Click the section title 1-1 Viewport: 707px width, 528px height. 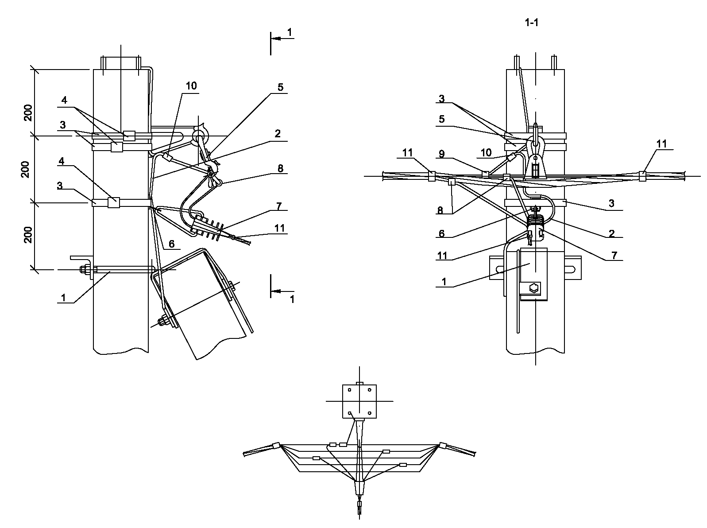(531, 23)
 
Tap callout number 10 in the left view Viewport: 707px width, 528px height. (191, 86)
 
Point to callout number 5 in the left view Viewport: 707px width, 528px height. (280, 87)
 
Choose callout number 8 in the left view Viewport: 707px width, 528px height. (280, 168)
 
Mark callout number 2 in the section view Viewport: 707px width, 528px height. (611, 233)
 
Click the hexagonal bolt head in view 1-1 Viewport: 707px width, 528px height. (533, 288)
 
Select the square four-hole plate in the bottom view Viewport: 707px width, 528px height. (359, 401)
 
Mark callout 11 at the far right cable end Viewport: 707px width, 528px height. (661, 144)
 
